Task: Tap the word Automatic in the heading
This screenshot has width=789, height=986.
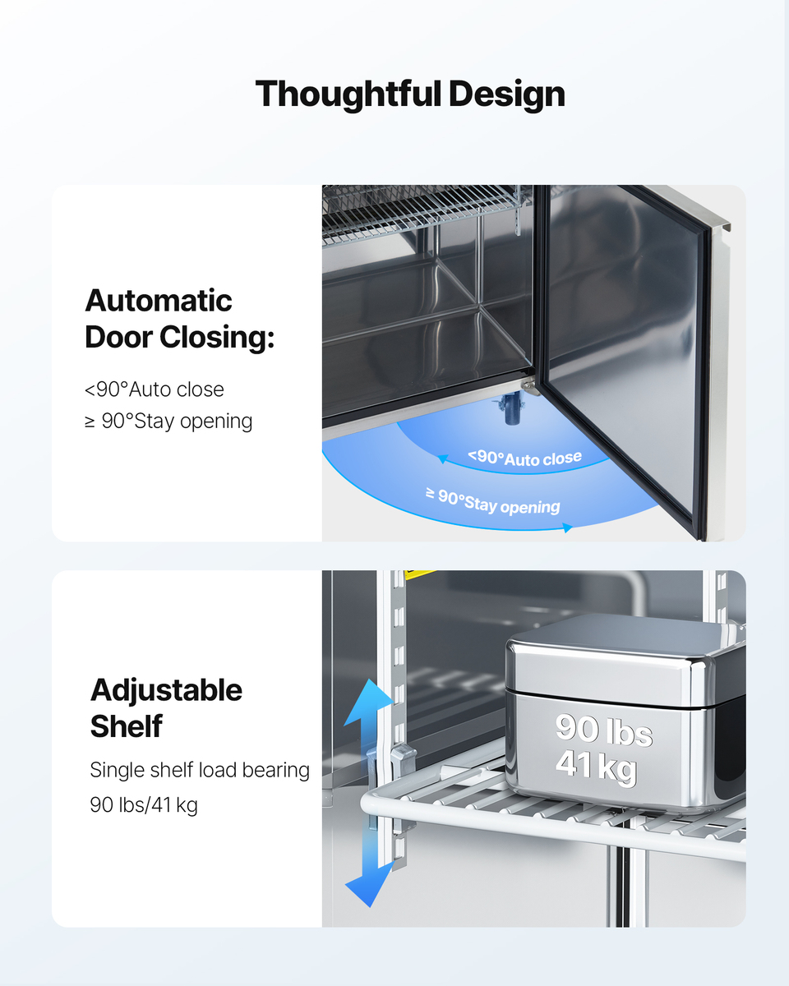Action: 159,301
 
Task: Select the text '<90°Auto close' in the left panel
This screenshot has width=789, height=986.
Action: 155,389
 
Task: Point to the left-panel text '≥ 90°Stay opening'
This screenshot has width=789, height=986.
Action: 168,422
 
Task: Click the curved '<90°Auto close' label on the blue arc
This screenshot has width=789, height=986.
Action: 525,458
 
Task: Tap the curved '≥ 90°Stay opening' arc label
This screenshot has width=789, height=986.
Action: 493,500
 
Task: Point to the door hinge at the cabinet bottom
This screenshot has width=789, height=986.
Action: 528,387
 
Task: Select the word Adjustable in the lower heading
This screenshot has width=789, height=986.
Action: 166,690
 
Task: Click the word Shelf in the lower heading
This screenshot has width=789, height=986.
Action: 127,726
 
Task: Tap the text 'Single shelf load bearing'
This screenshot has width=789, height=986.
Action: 200,771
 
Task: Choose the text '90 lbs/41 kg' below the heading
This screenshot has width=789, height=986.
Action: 144,805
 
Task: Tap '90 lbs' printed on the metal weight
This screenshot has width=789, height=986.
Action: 604,730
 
